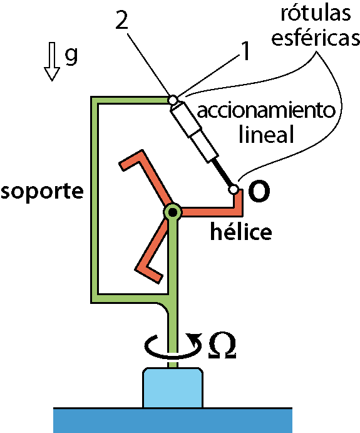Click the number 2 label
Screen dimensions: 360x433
click(121, 19)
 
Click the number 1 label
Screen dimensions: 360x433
click(245, 51)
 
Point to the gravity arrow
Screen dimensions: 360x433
click(52, 61)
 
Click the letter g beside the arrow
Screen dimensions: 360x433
click(71, 55)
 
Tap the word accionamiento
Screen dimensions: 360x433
click(266, 111)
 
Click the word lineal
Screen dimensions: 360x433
click(267, 134)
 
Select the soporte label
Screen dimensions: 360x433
click(42, 191)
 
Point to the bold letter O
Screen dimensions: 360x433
click(259, 191)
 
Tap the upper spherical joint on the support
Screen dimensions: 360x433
click(173, 100)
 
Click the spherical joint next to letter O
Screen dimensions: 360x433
click(233, 189)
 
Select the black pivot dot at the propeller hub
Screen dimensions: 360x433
click(173, 212)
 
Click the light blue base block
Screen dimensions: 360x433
click(173, 387)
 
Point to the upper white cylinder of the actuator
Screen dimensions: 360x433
click(185, 119)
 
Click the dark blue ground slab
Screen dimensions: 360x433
click(173, 420)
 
